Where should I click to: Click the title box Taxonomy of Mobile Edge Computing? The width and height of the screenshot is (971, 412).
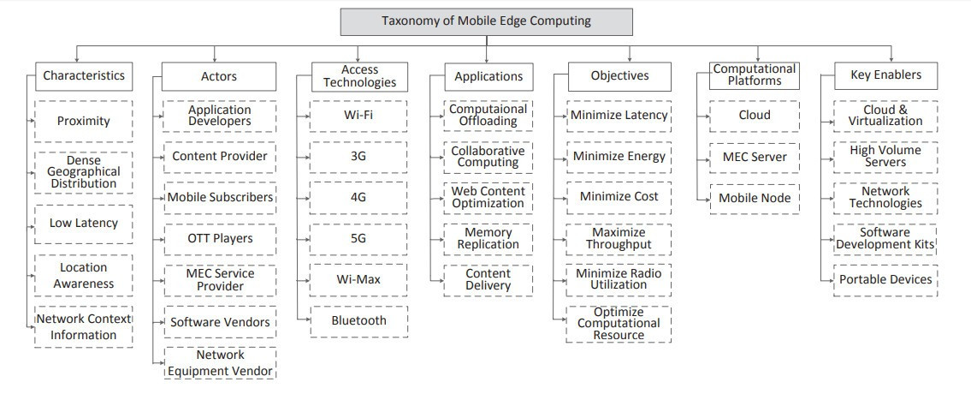pyautogui.click(x=486, y=21)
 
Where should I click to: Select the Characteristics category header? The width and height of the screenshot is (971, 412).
pyautogui.click(x=84, y=75)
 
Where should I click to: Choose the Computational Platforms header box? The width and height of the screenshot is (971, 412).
pyautogui.click(x=755, y=75)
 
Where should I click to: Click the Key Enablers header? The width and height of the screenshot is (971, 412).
pyautogui.click(x=886, y=75)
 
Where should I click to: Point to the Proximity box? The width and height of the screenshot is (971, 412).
pyautogui.click(x=84, y=121)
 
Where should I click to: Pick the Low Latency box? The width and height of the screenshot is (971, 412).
pyautogui.click(x=84, y=223)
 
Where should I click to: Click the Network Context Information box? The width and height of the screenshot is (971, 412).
pyautogui.click(x=84, y=326)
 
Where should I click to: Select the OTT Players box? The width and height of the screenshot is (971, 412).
pyautogui.click(x=220, y=238)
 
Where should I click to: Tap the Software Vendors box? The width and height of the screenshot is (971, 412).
pyautogui.click(x=220, y=322)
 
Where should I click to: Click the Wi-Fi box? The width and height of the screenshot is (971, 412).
pyautogui.click(x=359, y=115)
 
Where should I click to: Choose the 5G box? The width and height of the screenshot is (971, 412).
pyautogui.click(x=359, y=238)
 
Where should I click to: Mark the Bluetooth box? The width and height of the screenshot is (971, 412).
pyautogui.click(x=359, y=320)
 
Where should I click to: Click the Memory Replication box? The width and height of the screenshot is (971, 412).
pyautogui.click(x=488, y=238)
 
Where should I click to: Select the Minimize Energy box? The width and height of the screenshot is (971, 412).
pyautogui.click(x=619, y=156)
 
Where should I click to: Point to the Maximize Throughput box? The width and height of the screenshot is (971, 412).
pyautogui.click(x=619, y=238)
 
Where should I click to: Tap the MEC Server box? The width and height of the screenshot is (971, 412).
pyautogui.click(x=755, y=157)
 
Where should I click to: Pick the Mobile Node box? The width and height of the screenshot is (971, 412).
pyautogui.click(x=755, y=198)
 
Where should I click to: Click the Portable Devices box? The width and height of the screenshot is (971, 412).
pyautogui.click(x=886, y=279)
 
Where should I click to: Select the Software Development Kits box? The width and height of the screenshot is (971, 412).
pyautogui.click(x=886, y=238)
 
